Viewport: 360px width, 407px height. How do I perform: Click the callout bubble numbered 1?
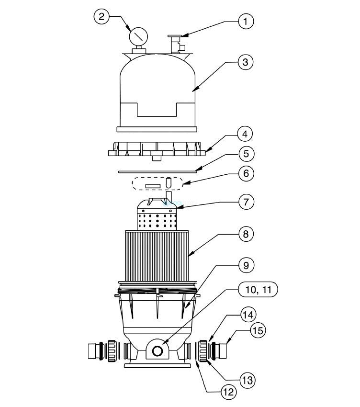tap(246, 21)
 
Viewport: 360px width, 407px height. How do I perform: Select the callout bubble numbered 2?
tap(101, 16)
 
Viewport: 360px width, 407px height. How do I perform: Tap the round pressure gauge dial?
tap(138, 36)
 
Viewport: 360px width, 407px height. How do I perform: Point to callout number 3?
tap(245, 62)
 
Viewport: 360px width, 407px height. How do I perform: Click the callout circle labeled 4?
tap(245, 134)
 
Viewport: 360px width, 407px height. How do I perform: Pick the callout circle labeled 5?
tap(246, 153)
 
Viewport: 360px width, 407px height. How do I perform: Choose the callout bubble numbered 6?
tap(246, 173)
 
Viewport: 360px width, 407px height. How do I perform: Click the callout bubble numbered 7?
tap(246, 202)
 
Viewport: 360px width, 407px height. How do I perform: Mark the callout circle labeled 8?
tap(246, 234)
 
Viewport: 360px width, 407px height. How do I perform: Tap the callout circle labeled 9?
tap(246, 265)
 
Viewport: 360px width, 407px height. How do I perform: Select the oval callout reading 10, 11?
tap(258, 289)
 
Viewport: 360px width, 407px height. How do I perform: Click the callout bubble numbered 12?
tap(229, 392)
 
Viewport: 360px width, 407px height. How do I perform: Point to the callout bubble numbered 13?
tap(247, 380)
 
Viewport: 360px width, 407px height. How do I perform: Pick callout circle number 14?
tap(248, 315)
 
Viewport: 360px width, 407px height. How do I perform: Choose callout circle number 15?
tap(258, 330)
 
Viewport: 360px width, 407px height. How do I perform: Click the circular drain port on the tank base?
tap(157, 351)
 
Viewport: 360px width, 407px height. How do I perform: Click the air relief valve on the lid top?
tap(176, 45)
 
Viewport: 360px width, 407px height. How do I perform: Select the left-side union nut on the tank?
tap(112, 350)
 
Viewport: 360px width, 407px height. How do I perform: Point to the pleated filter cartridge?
tap(157, 256)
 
